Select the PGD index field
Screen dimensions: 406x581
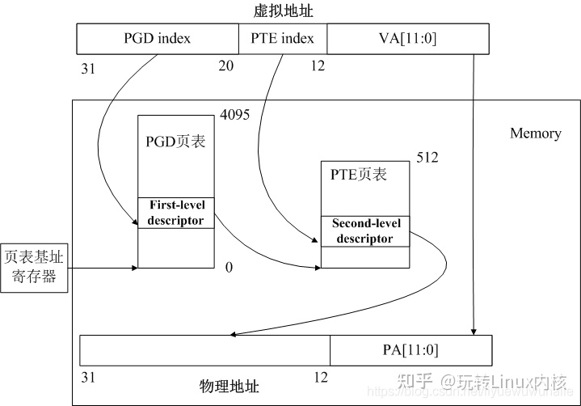coord(158,38)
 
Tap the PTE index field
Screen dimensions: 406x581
coord(283,38)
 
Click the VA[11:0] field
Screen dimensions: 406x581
coord(407,38)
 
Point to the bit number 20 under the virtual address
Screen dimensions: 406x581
coord(225,66)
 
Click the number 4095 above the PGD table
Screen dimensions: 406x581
coord(234,115)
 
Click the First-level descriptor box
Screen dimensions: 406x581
coord(176,213)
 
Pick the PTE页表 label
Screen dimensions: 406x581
coord(359,174)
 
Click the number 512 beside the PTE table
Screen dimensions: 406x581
coord(427,158)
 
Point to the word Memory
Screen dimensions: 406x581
coord(535,133)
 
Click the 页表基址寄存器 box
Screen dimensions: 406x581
coord(34,269)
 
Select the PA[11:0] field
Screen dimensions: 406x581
coord(410,350)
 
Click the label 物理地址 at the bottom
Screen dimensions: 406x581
coord(229,386)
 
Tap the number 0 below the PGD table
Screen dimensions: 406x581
coord(229,267)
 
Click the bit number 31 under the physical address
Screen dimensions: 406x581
coord(88,378)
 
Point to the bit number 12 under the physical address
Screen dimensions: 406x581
coord(321,378)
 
